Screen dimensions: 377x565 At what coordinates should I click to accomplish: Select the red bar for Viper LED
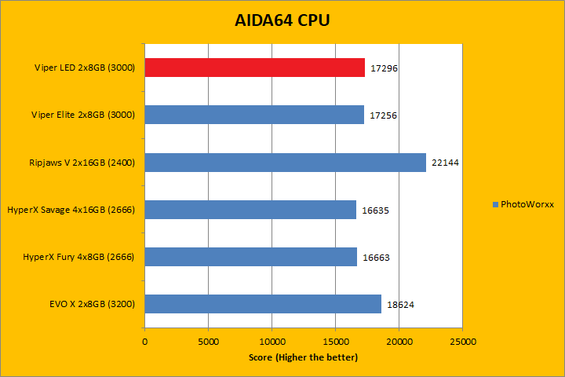tap(254, 68)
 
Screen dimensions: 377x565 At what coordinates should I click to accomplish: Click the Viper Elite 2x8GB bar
tap(254, 115)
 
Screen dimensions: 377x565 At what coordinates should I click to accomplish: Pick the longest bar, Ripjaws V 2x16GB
tap(285, 163)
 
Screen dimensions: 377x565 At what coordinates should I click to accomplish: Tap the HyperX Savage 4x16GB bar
tap(250, 210)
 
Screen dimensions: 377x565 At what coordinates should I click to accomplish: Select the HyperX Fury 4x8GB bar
tap(250, 257)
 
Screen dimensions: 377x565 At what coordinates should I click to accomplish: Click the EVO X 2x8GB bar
tap(263, 304)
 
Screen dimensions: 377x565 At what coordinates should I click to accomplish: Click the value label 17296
tap(383, 69)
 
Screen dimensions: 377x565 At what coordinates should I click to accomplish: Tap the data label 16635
tap(375, 210)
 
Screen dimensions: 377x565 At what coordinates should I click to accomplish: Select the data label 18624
tap(399, 305)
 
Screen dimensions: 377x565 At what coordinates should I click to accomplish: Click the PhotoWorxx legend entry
tap(523, 204)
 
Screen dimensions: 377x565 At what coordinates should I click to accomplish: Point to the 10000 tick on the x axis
tap(272, 342)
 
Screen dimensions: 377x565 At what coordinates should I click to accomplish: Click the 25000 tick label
tap(462, 342)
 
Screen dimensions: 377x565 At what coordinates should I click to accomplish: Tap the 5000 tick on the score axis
tap(208, 342)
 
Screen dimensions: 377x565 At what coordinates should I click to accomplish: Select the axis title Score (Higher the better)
tap(303, 357)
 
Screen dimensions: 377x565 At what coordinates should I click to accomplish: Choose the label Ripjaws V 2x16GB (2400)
tap(81, 163)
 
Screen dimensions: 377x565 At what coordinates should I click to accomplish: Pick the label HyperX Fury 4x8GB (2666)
tap(78, 257)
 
